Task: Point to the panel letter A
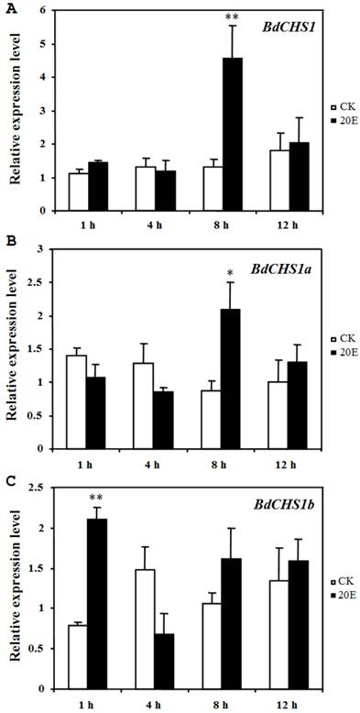8,7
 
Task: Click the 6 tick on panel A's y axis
41,11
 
